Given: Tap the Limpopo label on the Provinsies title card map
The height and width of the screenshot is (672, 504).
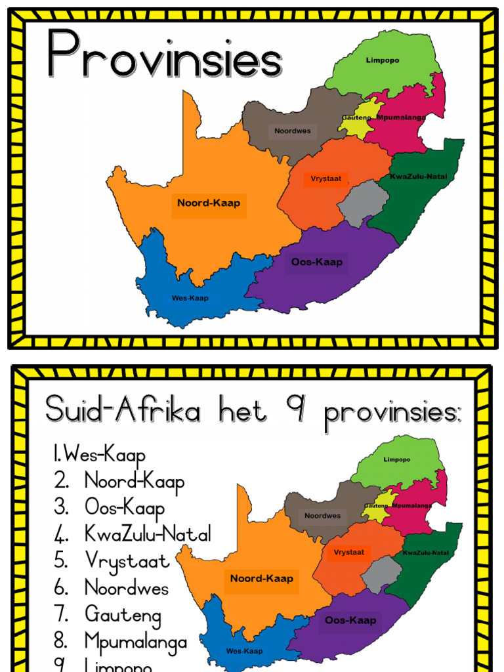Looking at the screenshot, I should [x=382, y=61].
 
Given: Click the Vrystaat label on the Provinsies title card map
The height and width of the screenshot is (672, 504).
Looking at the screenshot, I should [x=326, y=178].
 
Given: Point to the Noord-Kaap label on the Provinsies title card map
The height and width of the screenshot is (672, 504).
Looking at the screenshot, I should [x=209, y=203].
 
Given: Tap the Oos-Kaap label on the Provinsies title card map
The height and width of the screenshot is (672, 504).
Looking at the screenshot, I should [x=317, y=262].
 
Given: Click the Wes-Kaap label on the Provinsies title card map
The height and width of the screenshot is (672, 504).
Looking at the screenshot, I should [x=190, y=298].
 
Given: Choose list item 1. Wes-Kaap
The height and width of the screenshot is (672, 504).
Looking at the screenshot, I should [x=99, y=455].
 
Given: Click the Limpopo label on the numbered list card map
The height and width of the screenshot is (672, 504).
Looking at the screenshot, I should [x=397, y=460].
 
